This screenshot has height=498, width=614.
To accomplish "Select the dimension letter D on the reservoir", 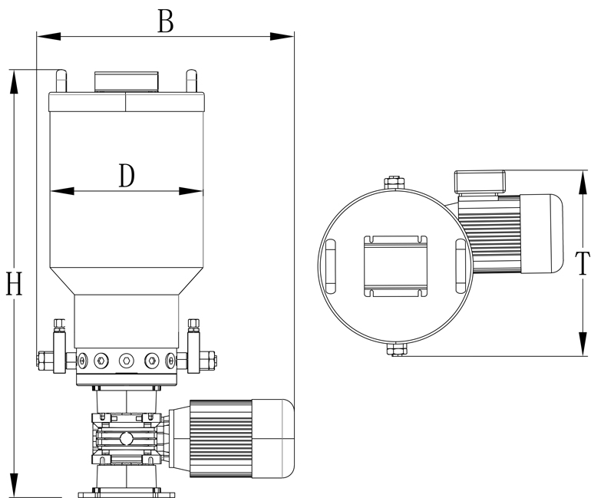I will (x=127, y=176).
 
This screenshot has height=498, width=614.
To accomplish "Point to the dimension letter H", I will (x=13, y=284).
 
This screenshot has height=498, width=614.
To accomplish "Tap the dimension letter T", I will (x=583, y=263).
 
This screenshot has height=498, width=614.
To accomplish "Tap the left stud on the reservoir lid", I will (x=59, y=81).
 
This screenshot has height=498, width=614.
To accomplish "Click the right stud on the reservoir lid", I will (x=190, y=81).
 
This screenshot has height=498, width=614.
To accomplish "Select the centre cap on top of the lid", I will (x=126, y=82).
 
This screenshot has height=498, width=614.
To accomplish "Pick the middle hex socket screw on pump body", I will (x=126, y=359).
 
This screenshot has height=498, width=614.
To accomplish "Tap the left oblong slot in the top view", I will (x=330, y=265).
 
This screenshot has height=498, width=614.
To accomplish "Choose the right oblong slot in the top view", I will (x=459, y=265).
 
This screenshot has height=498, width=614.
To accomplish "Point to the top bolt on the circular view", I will (x=394, y=183).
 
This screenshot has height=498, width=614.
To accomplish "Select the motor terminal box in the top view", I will (x=480, y=182).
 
